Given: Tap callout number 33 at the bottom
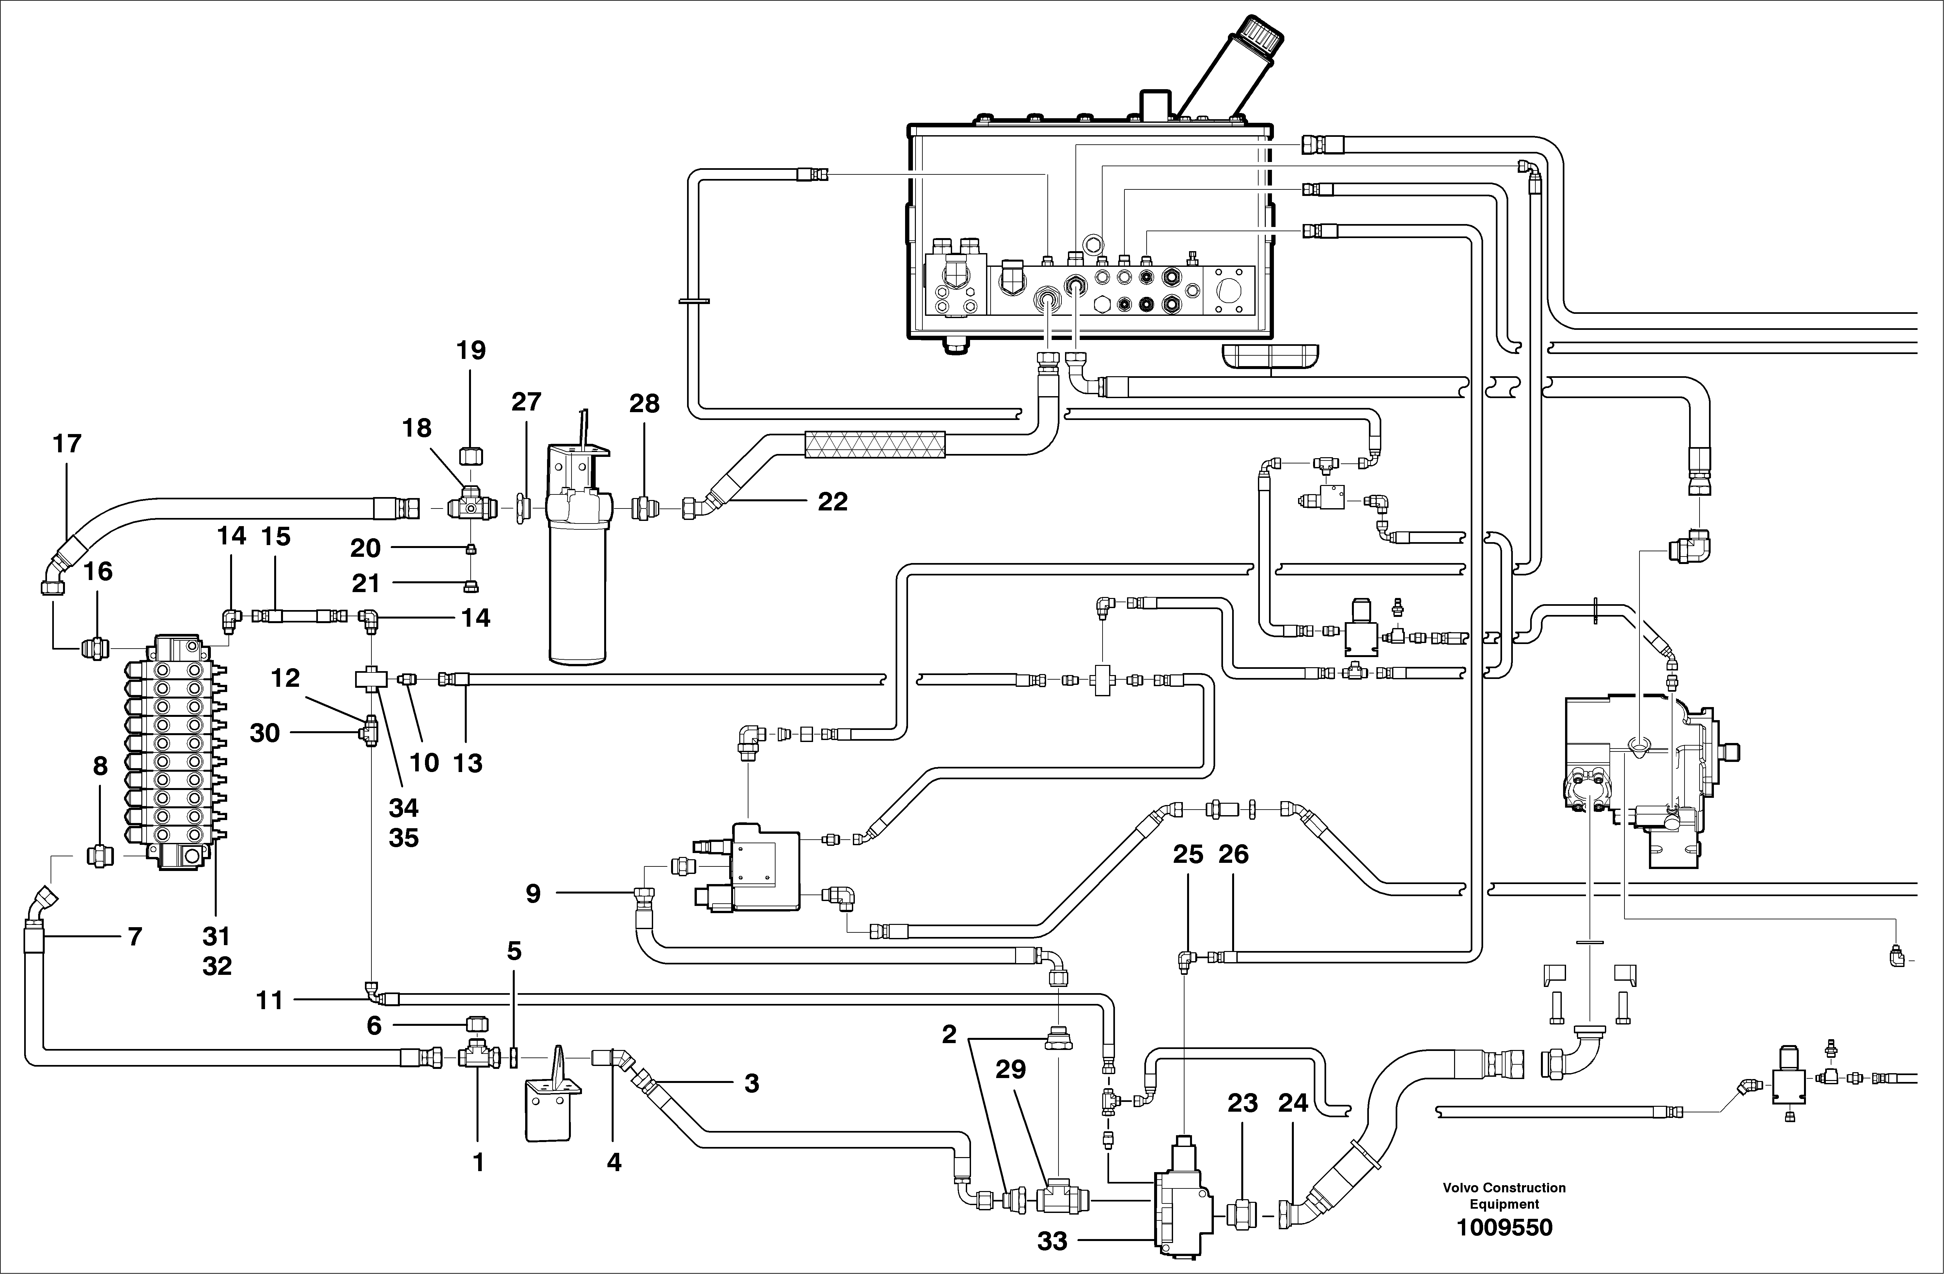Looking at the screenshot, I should pyautogui.click(x=1052, y=1241).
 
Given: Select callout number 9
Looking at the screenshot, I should pyautogui.click(x=533, y=894).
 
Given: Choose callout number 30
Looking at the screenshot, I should pyautogui.click(x=265, y=733).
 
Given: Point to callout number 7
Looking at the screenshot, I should pyautogui.click(x=135, y=937).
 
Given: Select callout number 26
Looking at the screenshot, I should pyautogui.click(x=1233, y=855).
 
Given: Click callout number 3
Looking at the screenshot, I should pyautogui.click(x=751, y=1084).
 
